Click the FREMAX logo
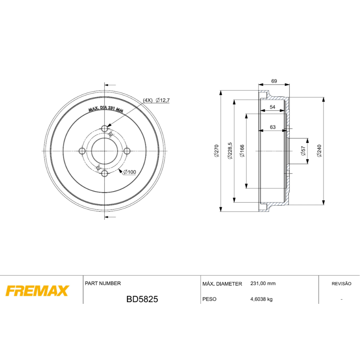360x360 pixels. click(x=37, y=291)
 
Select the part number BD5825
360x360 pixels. click(x=142, y=299)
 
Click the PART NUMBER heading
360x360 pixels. click(x=103, y=283)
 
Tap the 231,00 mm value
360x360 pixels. click(x=263, y=284)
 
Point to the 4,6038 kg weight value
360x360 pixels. click(x=261, y=299)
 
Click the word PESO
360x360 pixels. click(x=210, y=299)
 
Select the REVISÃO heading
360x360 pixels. click(x=341, y=284)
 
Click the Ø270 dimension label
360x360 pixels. click(x=216, y=151)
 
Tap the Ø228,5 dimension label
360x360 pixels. click(x=230, y=150)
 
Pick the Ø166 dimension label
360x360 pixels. click(x=242, y=151)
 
